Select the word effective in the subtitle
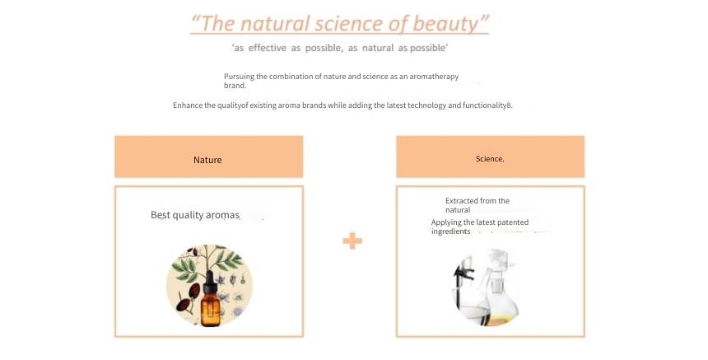click(268, 48)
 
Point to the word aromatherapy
click(434, 77)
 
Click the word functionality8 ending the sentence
click(487, 105)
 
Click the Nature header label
click(207, 160)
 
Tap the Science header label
click(490, 158)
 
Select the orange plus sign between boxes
click(352, 241)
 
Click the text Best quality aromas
click(195, 215)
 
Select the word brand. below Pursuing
click(235, 86)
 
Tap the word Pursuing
click(240, 77)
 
